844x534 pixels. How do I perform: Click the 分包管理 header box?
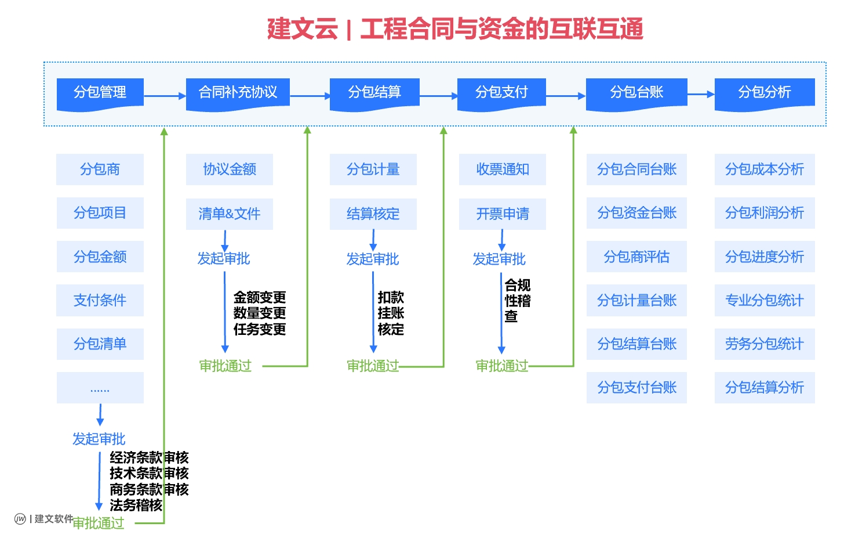100,93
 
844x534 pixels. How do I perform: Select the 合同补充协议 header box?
238,93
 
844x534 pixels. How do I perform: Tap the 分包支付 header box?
501,93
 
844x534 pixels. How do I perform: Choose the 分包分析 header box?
764,93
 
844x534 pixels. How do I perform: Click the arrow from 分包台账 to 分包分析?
700,94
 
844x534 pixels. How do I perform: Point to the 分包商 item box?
100,169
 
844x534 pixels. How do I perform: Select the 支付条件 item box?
100,300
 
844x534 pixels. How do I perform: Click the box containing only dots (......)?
100,388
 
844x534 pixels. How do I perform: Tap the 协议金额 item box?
229,169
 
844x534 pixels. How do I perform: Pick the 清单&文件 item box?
229,214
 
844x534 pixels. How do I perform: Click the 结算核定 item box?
373,214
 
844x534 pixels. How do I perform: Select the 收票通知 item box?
502,169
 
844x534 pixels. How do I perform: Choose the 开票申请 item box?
502,214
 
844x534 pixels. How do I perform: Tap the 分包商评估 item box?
636,257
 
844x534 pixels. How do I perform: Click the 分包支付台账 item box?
636,387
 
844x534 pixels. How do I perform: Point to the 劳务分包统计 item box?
764,344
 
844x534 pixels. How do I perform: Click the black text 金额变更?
259,297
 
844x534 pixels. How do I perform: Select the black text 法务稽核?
136,505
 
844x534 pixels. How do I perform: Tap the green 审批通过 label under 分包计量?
372,366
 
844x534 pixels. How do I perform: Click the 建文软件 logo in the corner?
44,518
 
